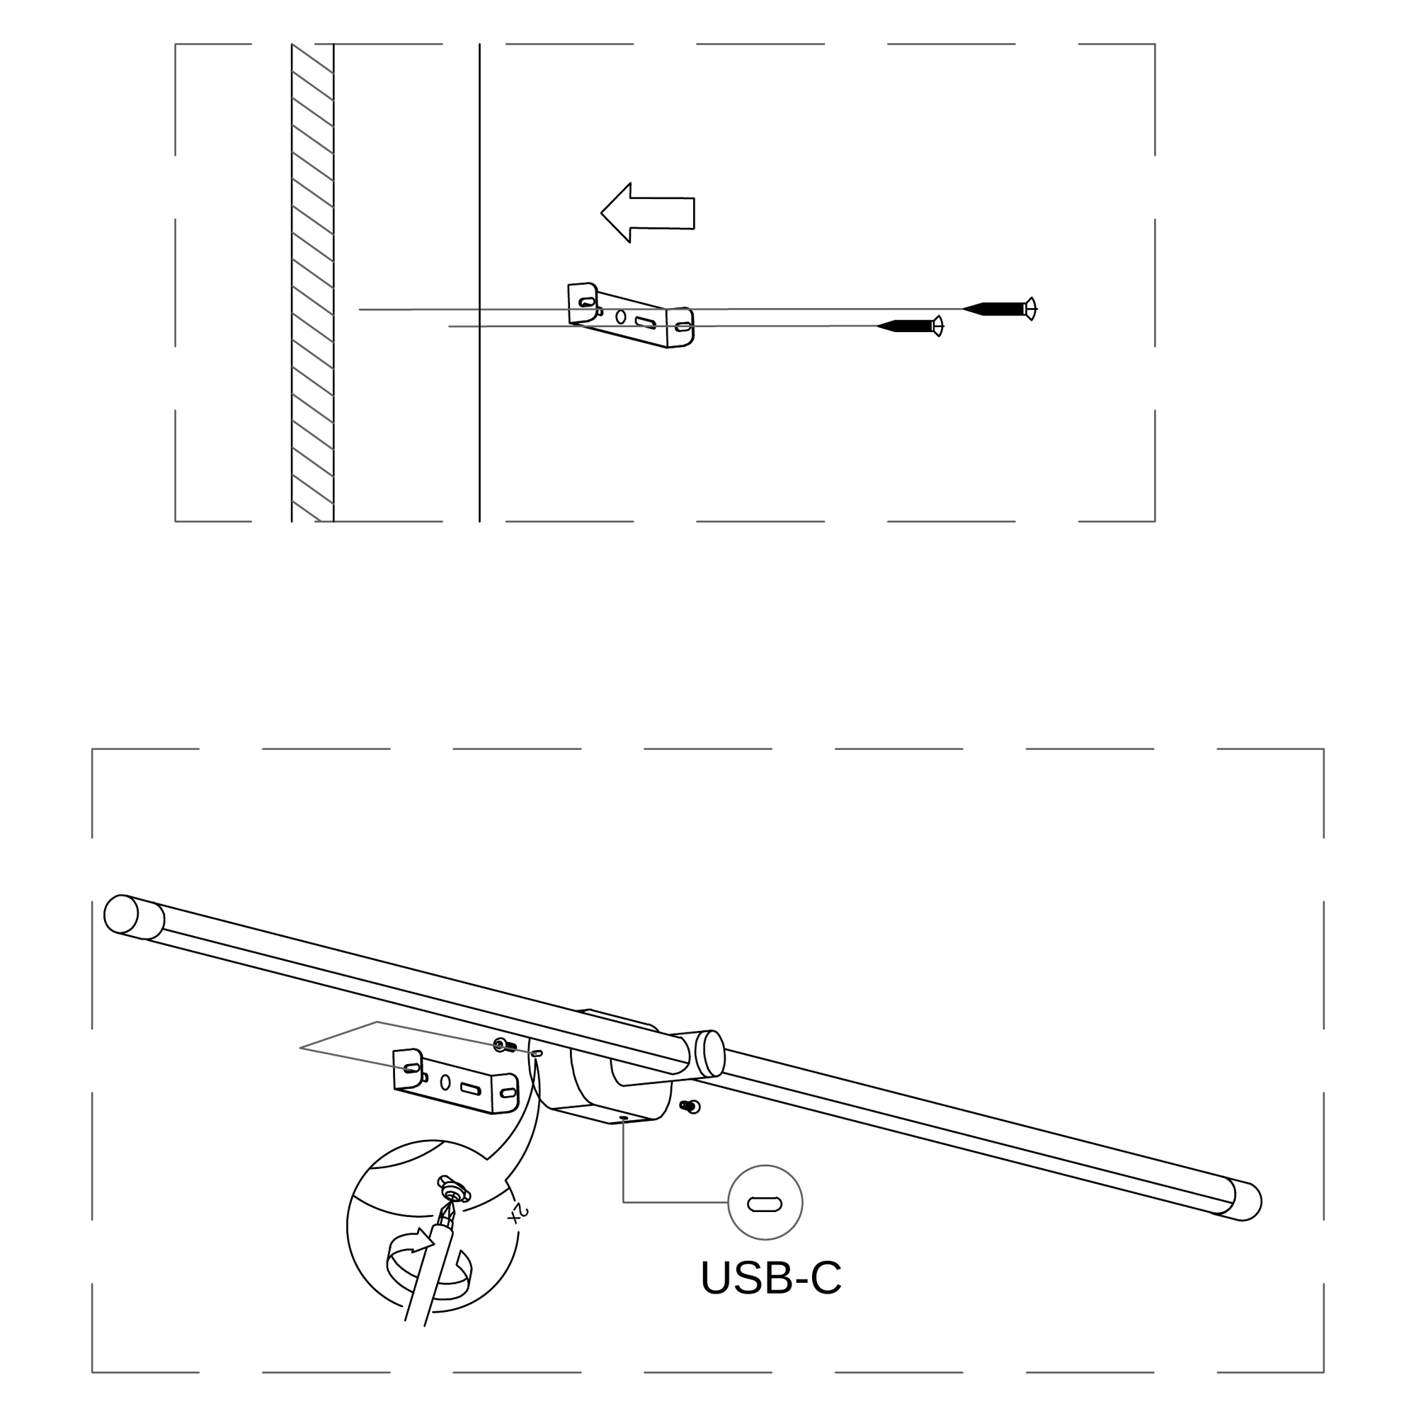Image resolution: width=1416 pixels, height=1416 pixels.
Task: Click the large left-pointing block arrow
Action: click(648, 212)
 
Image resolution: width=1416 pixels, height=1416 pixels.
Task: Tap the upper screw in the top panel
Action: click(1000, 309)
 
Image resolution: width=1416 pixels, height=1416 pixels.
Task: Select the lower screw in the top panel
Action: click(911, 326)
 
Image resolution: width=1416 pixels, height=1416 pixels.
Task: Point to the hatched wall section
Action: click(312, 283)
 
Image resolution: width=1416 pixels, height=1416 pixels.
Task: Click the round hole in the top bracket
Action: click(621, 317)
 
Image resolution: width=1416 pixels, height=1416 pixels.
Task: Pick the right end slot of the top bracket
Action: click(683, 328)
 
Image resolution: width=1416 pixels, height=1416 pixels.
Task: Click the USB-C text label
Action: click(771, 1279)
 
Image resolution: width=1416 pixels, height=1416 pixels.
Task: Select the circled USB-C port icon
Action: click(765, 1203)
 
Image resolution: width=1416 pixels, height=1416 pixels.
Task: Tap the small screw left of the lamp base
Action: click(501, 1045)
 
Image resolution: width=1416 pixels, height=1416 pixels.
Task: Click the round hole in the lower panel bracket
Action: click(445, 1082)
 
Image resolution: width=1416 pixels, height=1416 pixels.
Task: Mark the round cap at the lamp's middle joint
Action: click(708, 1053)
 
